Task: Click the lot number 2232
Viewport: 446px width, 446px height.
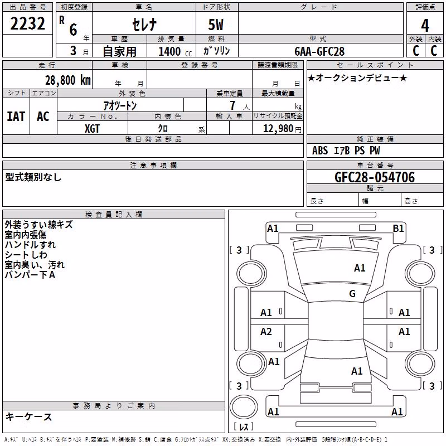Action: click(x=27, y=23)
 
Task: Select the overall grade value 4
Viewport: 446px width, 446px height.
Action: click(x=425, y=25)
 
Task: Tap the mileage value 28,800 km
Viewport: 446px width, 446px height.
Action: click(x=68, y=80)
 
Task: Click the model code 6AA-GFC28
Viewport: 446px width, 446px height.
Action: click(x=319, y=51)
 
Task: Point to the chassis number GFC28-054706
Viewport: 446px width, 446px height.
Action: click(x=375, y=177)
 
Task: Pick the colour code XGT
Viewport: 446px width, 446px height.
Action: click(x=92, y=129)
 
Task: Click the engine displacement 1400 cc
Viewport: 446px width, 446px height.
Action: click(x=175, y=51)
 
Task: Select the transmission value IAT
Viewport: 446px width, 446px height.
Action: click(x=16, y=117)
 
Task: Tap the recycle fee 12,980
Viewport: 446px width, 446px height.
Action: click(x=278, y=129)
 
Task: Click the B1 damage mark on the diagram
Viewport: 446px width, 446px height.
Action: click(x=398, y=229)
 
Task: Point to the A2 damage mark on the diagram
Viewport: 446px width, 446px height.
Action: click(x=266, y=332)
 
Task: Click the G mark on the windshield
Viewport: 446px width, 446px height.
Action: click(x=352, y=294)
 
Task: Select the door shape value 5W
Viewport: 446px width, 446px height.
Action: click(x=216, y=25)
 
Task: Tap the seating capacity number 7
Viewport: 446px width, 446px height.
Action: click(x=232, y=105)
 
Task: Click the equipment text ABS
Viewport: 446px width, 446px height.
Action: click(x=320, y=151)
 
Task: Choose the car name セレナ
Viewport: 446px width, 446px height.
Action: click(x=144, y=25)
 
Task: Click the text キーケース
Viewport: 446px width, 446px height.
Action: click(x=28, y=416)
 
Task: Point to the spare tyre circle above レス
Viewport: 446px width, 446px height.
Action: click(x=244, y=407)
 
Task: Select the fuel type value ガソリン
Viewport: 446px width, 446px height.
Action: click(x=216, y=51)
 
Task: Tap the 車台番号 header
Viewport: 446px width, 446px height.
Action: click(x=375, y=165)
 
